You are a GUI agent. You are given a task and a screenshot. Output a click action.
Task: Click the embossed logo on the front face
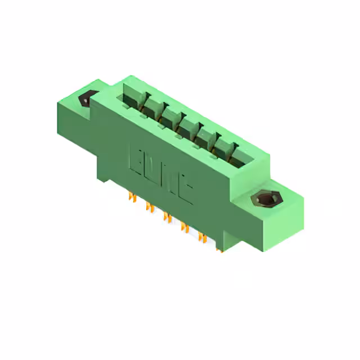(x=161, y=173)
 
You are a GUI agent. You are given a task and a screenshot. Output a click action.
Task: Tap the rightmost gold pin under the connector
(x=218, y=247)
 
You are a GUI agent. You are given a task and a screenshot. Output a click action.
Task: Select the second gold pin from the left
(x=150, y=207)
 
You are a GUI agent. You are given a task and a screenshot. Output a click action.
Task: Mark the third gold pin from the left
(x=166, y=217)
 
